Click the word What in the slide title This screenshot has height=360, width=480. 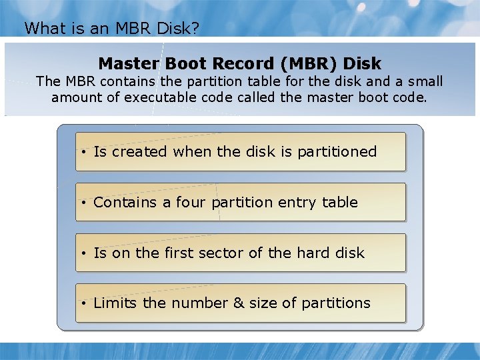[x=40, y=28]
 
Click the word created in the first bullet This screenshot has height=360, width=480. [x=139, y=152]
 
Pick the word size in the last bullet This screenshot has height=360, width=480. [x=263, y=303]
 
